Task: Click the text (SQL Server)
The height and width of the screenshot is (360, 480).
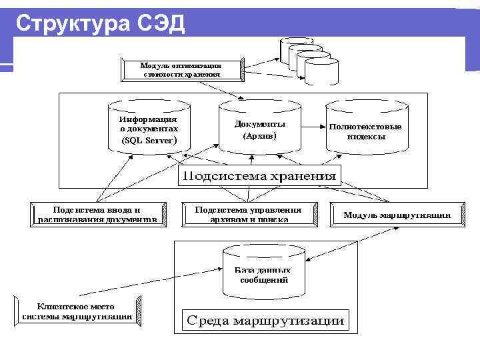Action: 149,141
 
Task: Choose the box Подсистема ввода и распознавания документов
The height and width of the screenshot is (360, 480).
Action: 97,214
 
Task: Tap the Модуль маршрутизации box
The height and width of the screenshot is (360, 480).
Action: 396,215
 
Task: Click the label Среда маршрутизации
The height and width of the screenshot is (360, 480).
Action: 265,321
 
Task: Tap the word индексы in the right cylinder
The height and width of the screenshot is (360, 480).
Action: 366,137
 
